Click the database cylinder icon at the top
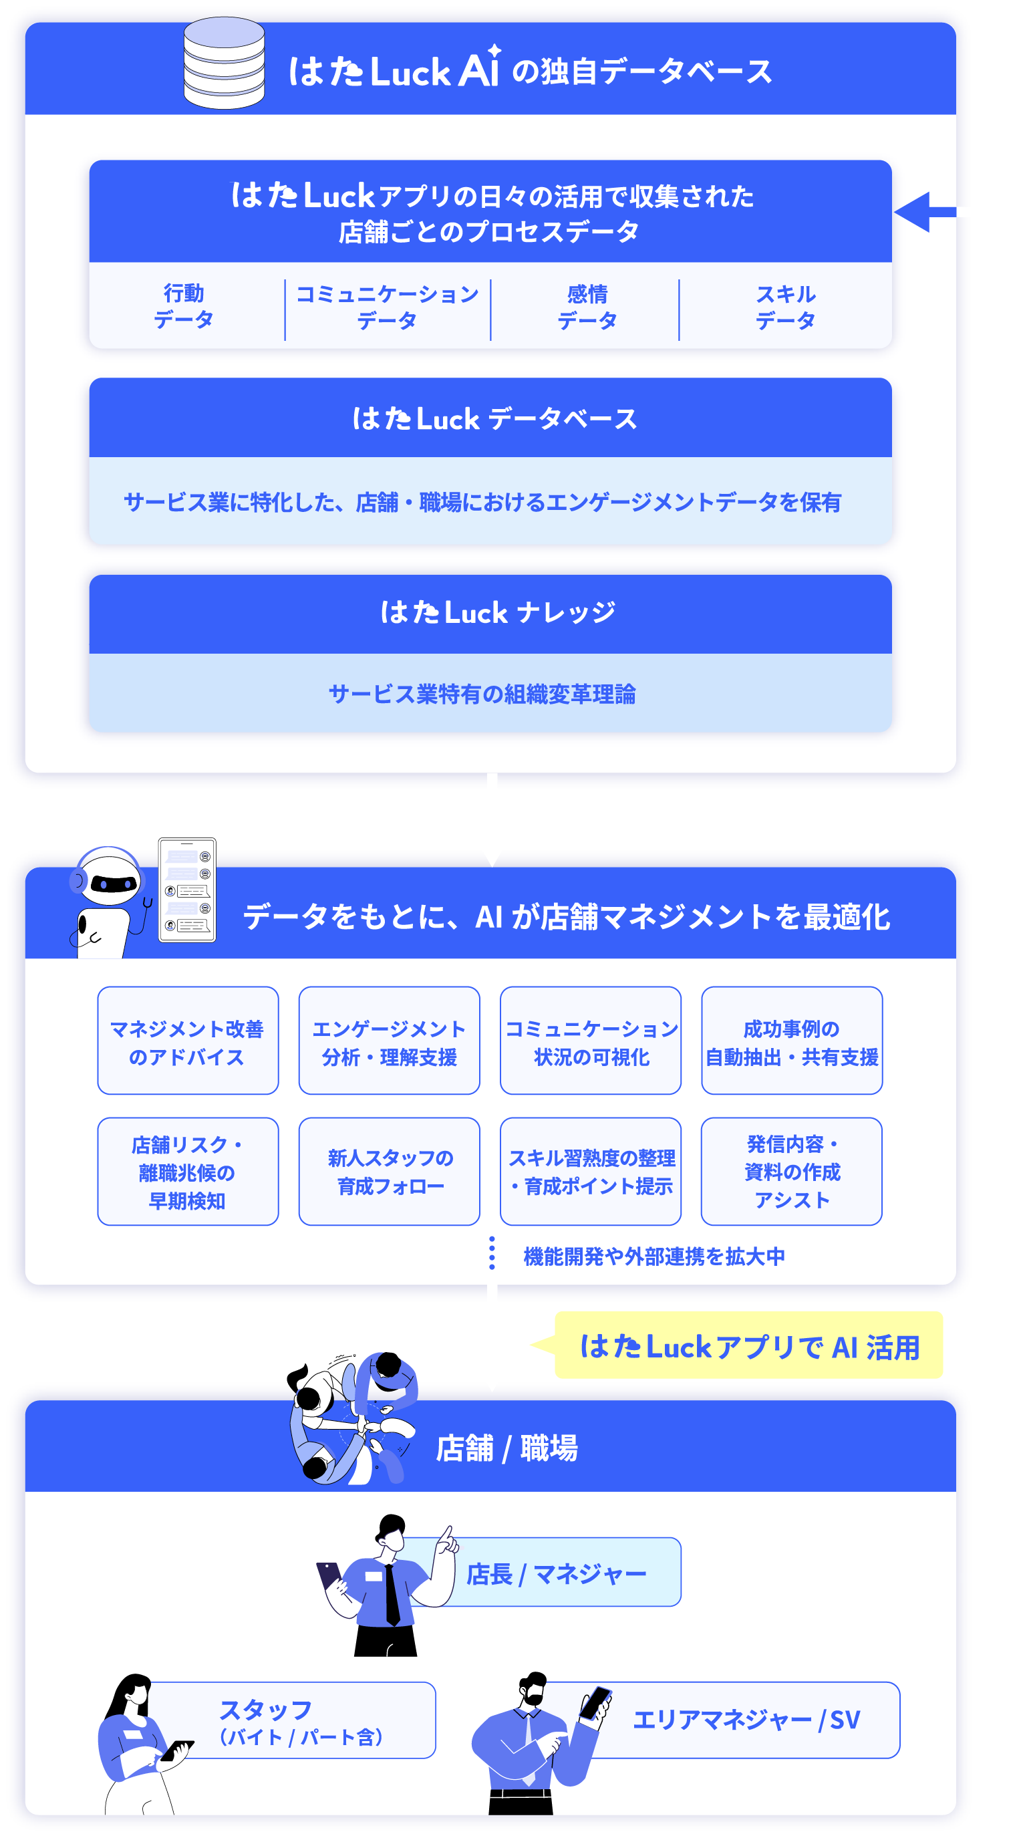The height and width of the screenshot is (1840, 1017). pos(225,63)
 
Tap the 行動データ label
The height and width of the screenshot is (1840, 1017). pos(184,306)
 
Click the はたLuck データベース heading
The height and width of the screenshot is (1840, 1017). pos(494,419)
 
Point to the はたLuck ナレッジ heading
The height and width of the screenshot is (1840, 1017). pos(497,613)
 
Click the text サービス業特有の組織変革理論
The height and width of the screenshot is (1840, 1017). pos(482,694)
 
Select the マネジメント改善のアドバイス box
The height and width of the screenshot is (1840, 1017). pos(188,1041)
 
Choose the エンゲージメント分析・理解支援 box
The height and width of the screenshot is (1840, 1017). pos(390,1041)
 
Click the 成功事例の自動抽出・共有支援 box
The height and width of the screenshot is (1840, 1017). pos(792,1041)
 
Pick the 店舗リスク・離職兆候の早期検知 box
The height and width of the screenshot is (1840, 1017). pos(188,1172)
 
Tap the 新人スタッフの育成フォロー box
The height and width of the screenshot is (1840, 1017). pos(390,1172)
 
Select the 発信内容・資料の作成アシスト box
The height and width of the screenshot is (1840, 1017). pos(792,1172)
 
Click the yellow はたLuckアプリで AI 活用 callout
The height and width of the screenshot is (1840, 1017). pos(748,1345)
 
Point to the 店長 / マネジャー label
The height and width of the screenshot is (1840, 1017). pos(557,1573)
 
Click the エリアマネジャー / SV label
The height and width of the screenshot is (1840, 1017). pos(746,1720)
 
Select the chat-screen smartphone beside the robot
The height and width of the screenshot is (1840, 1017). pos(187,890)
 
